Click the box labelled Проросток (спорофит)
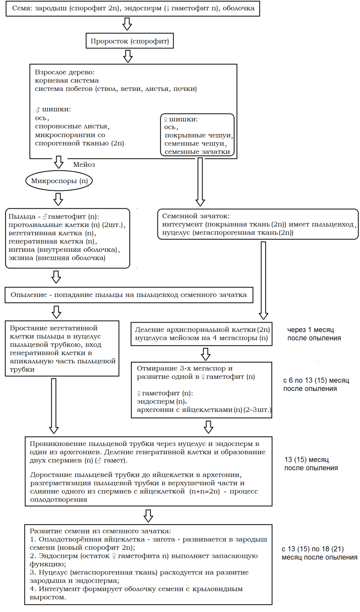click(129, 41)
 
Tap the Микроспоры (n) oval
click(59, 181)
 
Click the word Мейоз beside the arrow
click(84, 164)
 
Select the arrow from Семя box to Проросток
click(127, 24)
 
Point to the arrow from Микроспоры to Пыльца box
click(58, 199)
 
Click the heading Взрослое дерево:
click(64, 73)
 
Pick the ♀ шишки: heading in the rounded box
click(181, 119)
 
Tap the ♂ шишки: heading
click(53, 110)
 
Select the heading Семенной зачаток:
click(196, 216)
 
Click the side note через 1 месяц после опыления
click(314, 334)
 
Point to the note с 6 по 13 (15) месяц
click(316, 384)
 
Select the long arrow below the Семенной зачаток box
click(263, 280)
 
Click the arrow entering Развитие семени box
click(148, 515)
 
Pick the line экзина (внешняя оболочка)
click(57, 258)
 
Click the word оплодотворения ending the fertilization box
click(59, 499)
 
